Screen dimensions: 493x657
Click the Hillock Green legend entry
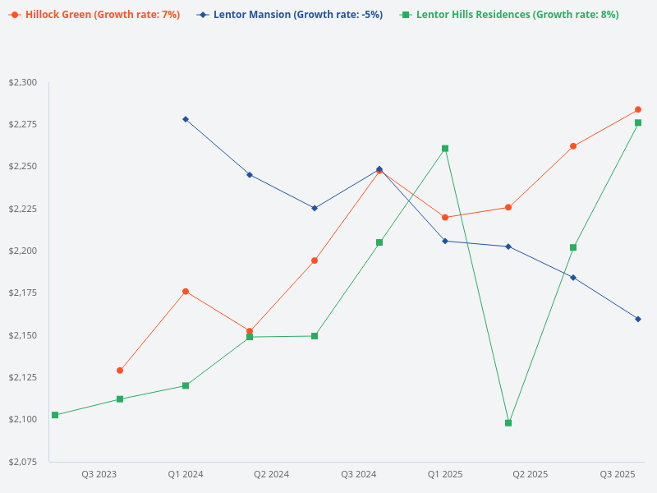pos(94,15)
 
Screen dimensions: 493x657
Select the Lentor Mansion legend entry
pos(290,15)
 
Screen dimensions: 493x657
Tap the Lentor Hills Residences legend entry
pos(509,15)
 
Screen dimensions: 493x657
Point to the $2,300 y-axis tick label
pos(23,83)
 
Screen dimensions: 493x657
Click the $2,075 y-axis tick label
pos(23,462)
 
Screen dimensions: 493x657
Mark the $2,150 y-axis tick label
pos(23,335)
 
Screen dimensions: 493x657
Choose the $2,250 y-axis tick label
pos(23,167)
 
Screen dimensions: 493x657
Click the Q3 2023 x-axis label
pos(99,474)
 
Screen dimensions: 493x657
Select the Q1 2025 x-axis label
pos(445,474)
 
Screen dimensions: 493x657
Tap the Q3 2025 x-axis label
pos(618,474)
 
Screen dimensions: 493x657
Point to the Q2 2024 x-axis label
pos(271,474)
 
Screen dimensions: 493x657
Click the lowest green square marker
pos(508,423)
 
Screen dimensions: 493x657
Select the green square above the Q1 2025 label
pos(445,149)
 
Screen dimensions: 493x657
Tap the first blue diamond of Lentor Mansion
pos(186,119)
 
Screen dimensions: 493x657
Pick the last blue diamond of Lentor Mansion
pos(638,319)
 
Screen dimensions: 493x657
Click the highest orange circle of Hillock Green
pos(638,109)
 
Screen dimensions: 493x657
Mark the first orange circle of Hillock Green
pos(120,371)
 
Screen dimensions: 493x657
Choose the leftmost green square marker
pos(55,415)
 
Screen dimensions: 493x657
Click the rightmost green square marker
pos(638,122)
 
